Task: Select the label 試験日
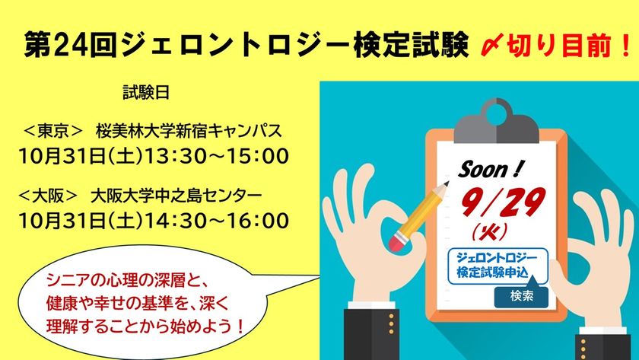(x=146, y=93)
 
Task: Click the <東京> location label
(x=53, y=131)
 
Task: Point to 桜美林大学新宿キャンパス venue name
(x=189, y=131)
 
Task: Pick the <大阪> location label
(x=48, y=196)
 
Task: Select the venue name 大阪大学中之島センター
(x=176, y=196)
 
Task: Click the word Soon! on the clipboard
(x=490, y=169)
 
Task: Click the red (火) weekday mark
(x=489, y=231)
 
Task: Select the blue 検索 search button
(x=521, y=296)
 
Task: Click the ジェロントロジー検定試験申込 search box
(x=498, y=266)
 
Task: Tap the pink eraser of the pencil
(x=397, y=241)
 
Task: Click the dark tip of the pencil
(x=447, y=183)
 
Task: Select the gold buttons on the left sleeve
(x=391, y=324)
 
